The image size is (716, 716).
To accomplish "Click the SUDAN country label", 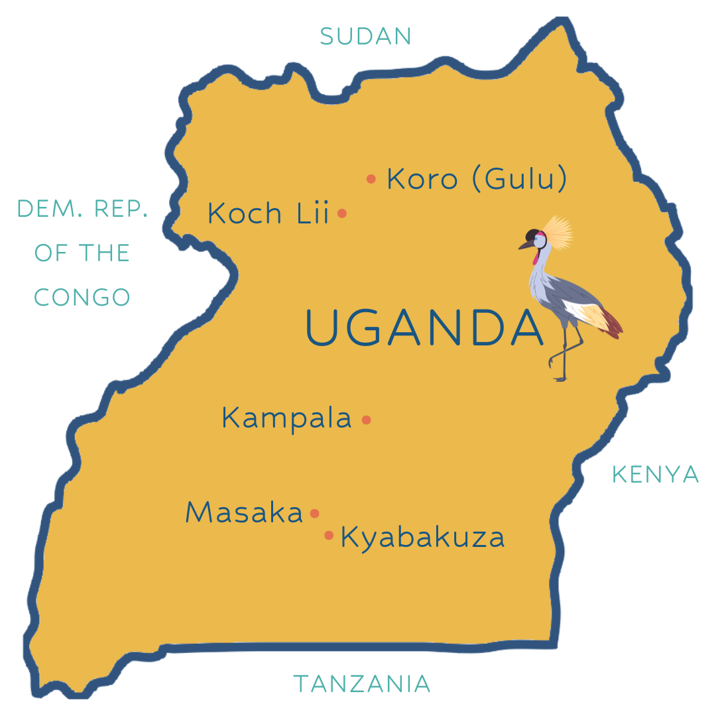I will pyautogui.click(x=365, y=36).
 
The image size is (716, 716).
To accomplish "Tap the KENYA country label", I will pyautogui.click(x=655, y=474).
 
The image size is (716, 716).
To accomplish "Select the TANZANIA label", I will pyautogui.click(x=362, y=684).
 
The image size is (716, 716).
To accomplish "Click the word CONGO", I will pyautogui.click(x=82, y=297).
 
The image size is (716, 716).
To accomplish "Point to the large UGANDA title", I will pyautogui.click(x=424, y=328).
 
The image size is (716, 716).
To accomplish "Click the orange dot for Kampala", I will pyautogui.click(x=366, y=420).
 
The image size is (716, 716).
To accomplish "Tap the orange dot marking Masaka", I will pyautogui.click(x=315, y=513).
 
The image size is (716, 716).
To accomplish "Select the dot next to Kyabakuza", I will pyautogui.click(x=329, y=535).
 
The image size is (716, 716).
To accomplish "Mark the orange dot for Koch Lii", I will pyautogui.click(x=342, y=213).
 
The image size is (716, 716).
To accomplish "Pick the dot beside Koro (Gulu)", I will pyautogui.click(x=371, y=178).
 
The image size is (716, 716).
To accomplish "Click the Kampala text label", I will pyautogui.click(x=286, y=419).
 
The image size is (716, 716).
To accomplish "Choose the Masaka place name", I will pyautogui.click(x=244, y=512).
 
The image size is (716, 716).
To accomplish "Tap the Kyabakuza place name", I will pyautogui.click(x=422, y=538).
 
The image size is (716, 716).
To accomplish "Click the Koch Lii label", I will pyautogui.click(x=268, y=213).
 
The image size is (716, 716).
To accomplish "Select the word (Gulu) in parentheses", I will pyautogui.click(x=520, y=179).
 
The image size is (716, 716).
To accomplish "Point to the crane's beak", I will pyautogui.click(x=524, y=246).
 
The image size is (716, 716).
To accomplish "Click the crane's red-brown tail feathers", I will pyautogui.click(x=613, y=325).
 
